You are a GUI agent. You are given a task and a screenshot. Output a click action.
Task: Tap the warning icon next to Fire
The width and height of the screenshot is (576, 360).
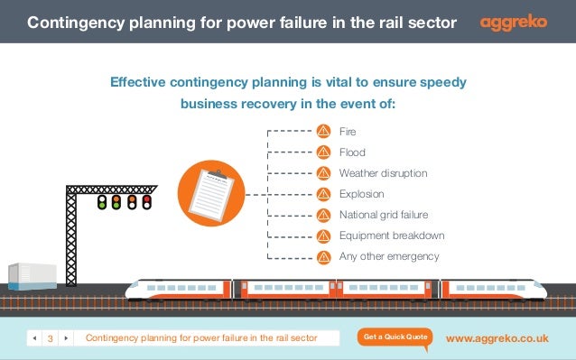point(323,132)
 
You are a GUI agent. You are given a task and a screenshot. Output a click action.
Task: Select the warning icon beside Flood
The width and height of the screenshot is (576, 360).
point(323,152)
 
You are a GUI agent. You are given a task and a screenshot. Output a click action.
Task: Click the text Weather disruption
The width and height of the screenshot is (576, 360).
point(383,173)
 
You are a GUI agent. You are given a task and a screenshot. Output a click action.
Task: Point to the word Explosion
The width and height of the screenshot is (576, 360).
point(361,194)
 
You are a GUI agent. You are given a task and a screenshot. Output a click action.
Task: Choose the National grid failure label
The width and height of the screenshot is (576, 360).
point(383,215)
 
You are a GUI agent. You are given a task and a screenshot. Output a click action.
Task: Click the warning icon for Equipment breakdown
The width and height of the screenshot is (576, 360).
point(323,235)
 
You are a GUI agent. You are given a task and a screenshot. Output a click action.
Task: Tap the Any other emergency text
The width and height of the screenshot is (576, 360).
point(388,256)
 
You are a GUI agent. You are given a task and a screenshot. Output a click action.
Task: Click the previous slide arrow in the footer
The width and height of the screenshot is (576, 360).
point(34,338)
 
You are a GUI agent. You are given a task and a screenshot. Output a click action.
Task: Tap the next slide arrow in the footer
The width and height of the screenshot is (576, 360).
point(66,338)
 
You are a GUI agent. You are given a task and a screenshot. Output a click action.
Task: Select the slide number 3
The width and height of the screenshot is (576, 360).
point(50,338)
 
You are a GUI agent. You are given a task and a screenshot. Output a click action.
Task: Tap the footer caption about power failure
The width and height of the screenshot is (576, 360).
point(200,338)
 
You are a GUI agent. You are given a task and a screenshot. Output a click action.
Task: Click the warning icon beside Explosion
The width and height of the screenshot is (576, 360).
point(323,194)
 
